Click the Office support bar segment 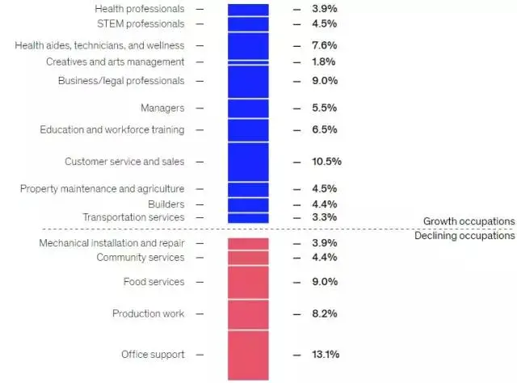248,355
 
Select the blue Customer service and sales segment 248,162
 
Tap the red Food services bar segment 248,282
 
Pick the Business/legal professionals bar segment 248,82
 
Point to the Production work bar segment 248,314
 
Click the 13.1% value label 326,355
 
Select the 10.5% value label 326,162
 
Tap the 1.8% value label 324,62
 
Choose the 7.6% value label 324,45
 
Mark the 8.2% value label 324,314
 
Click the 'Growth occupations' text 469,221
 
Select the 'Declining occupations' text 464,236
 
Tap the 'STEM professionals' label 141,24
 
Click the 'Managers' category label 162,108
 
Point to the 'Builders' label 166,204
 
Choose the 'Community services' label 141,258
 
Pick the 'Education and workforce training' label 112,130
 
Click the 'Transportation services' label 133,217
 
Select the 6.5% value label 324,130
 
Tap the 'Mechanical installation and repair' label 111,243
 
